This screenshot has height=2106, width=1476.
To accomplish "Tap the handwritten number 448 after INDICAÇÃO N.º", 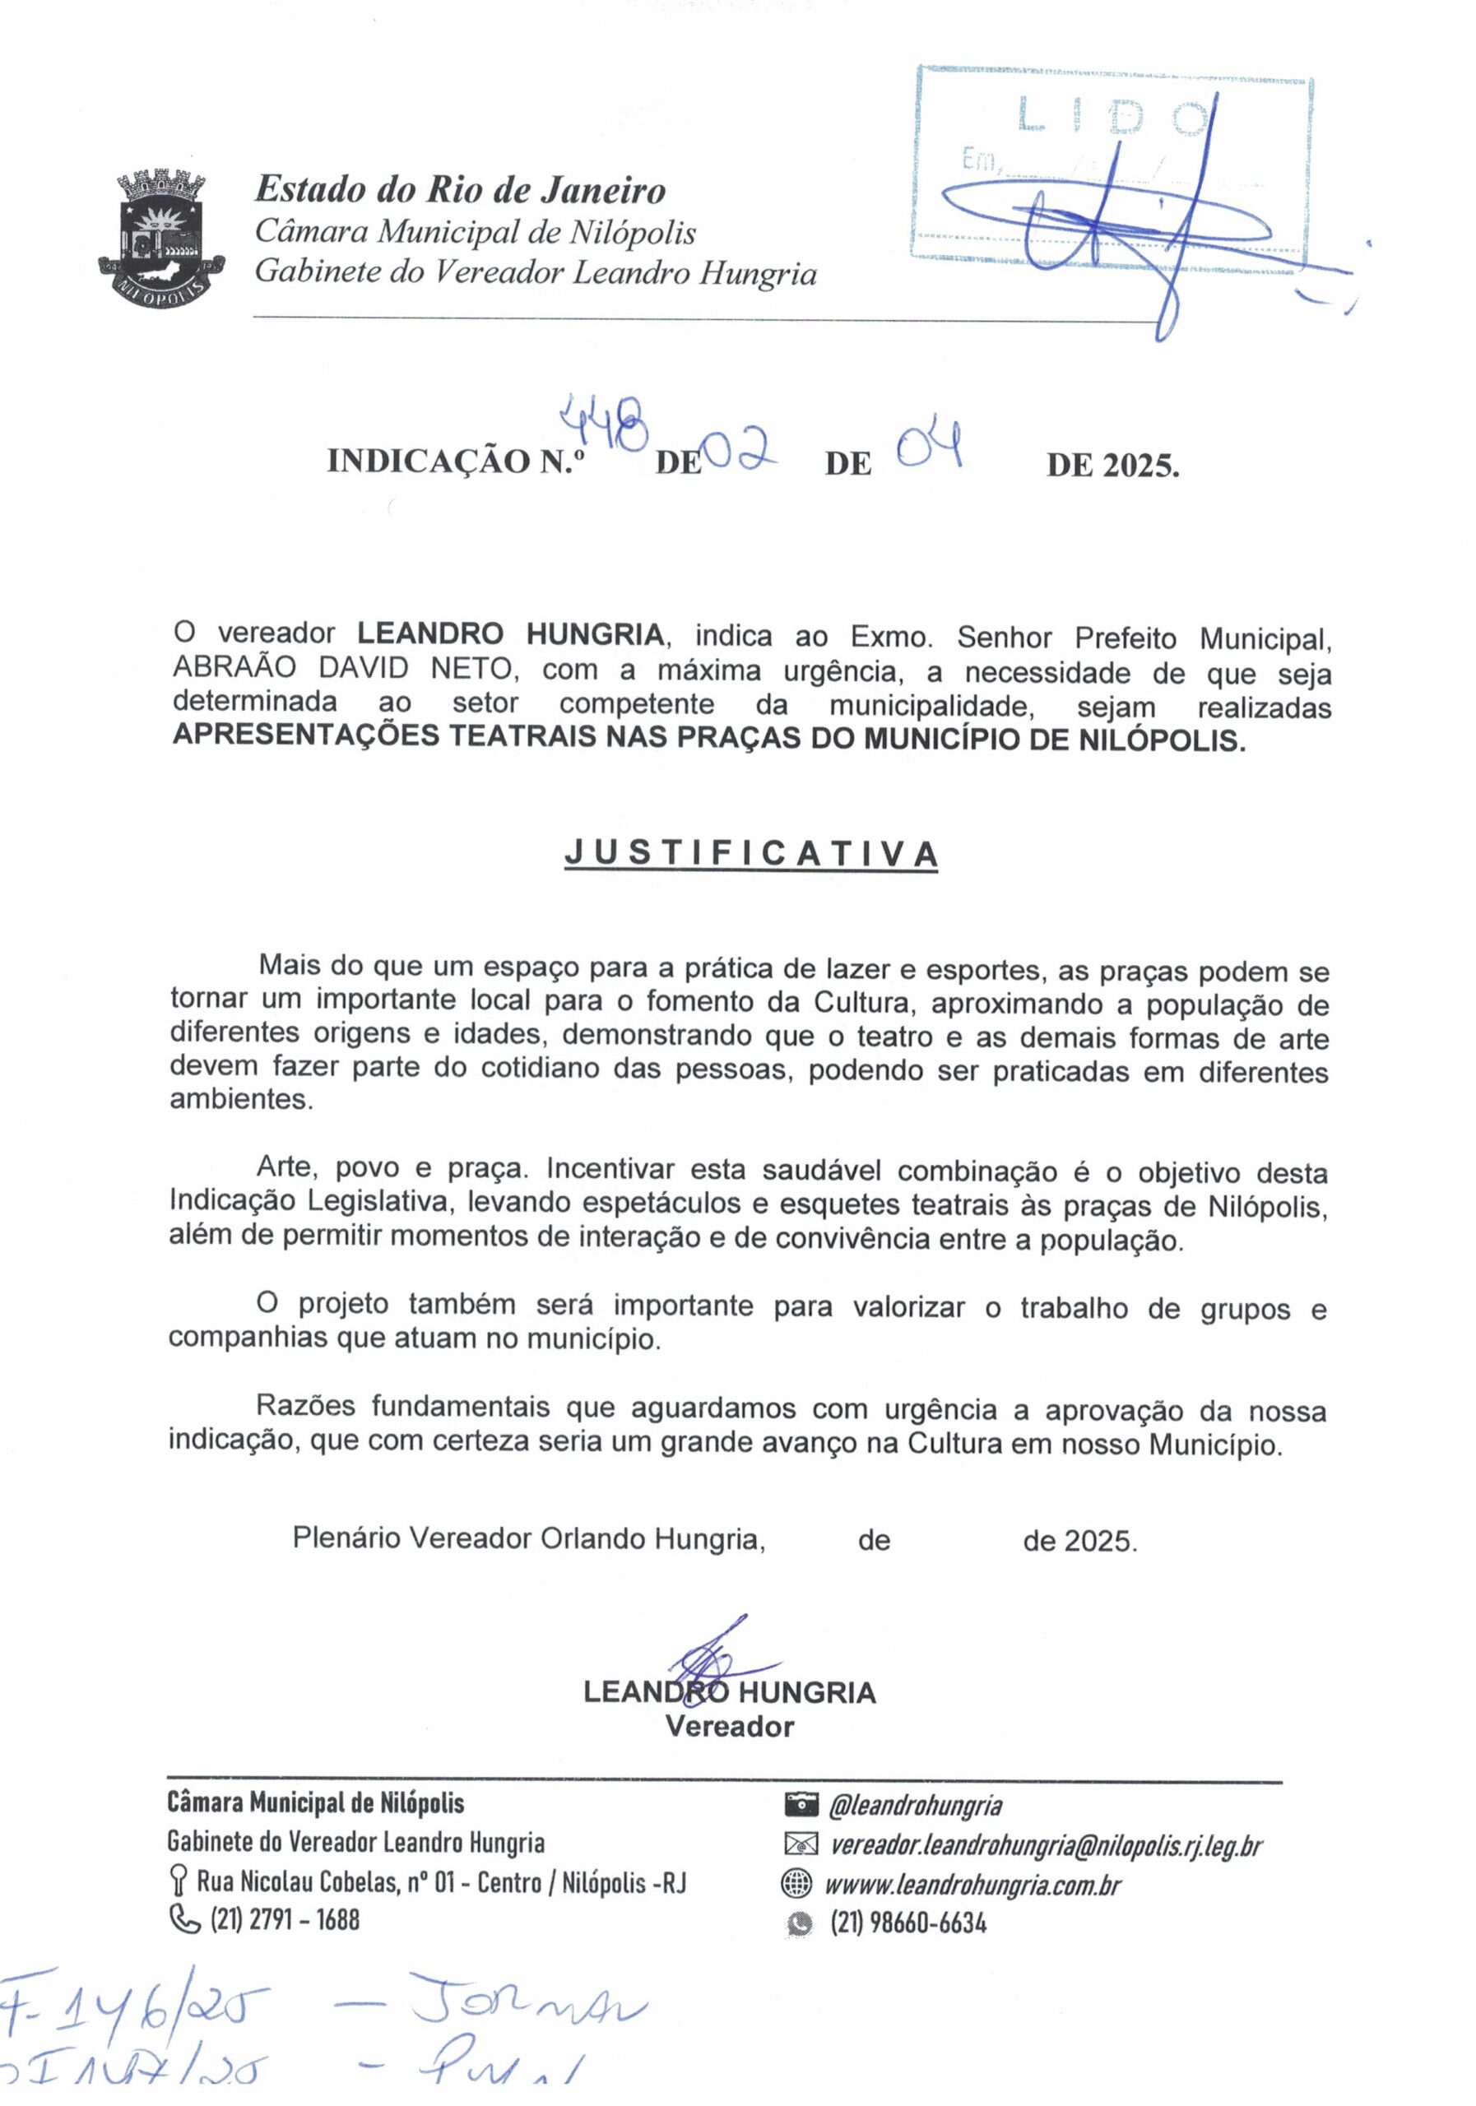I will coord(604,424).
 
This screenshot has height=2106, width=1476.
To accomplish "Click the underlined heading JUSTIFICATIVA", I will coord(750,854).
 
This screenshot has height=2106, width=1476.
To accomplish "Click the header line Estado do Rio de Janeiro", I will coord(461,190).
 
